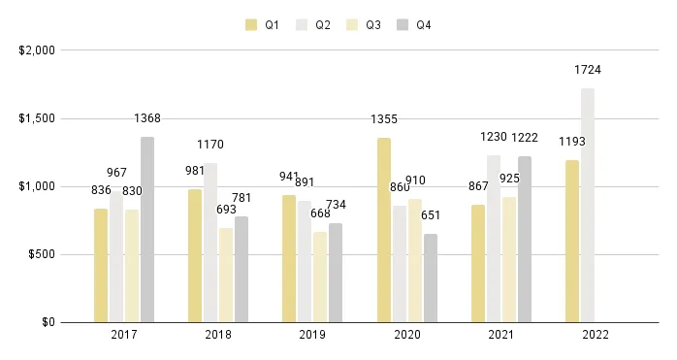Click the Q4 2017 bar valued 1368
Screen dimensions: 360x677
tap(147, 230)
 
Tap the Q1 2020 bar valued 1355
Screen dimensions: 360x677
tap(385, 230)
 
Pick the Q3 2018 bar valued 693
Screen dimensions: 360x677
tap(226, 276)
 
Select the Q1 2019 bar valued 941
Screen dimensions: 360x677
tap(289, 259)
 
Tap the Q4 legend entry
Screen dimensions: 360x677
tap(414, 25)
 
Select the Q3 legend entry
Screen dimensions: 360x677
tap(364, 25)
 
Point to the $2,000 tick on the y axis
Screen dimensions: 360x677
tap(37, 50)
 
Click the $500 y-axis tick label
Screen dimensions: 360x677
tap(41, 254)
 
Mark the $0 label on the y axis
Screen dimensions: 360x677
tap(47, 322)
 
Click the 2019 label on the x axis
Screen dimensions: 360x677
tap(312, 335)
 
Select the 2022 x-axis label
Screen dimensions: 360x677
tap(596, 335)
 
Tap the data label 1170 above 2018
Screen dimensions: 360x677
tap(210, 145)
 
